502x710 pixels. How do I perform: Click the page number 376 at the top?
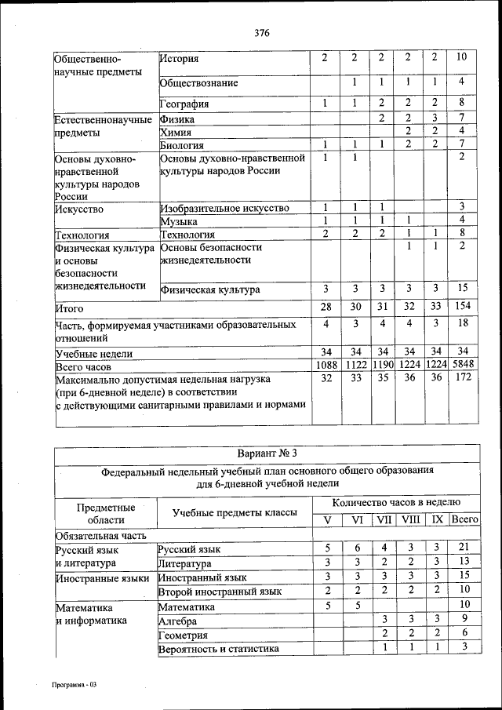[262, 33]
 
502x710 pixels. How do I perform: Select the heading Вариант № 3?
[266, 453]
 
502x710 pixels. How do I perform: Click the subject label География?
[185, 104]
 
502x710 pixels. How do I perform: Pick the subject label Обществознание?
[198, 82]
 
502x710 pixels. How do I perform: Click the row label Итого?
[70, 309]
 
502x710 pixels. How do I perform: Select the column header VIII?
[409, 519]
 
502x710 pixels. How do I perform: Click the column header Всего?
[464, 519]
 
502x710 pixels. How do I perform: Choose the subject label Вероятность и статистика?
[217, 649]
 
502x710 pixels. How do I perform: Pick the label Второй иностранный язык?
[219, 592]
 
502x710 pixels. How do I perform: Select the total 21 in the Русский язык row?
[463, 548]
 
